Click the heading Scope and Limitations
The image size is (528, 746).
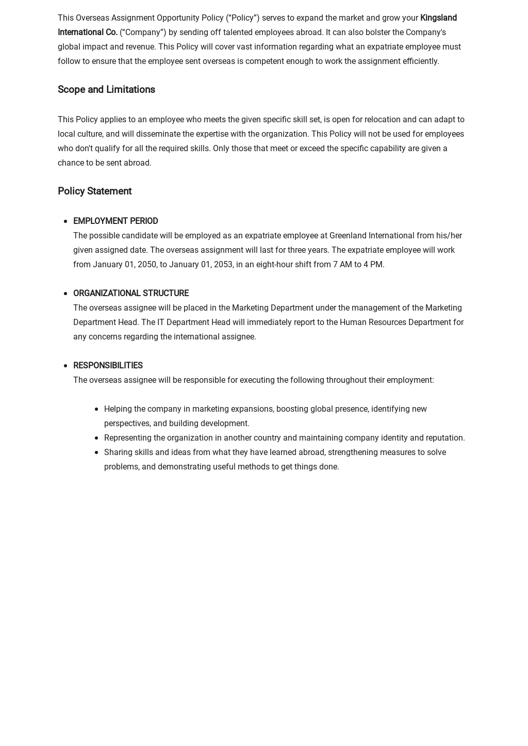(x=106, y=90)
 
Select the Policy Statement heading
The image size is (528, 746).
(x=94, y=191)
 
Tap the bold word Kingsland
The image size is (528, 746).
(x=438, y=18)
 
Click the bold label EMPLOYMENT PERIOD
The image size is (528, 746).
(x=115, y=221)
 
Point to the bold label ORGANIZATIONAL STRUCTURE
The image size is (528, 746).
(x=131, y=293)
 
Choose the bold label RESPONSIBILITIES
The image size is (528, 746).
(x=108, y=365)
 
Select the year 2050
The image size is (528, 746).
(x=146, y=265)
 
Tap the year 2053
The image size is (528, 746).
(x=223, y=265)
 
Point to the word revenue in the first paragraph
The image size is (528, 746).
(x=140, y=47)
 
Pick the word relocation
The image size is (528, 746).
(x=382, y=120)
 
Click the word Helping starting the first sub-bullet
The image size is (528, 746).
(x=118, y=409)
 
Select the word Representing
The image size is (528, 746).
(x=127, y=438)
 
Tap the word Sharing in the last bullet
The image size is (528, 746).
(x=118, y=452)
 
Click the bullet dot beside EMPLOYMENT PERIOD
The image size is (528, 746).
(x=65, y=221)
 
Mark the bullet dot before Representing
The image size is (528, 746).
(x=96, y=438)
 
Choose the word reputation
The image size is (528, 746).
(x=444, y=438)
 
